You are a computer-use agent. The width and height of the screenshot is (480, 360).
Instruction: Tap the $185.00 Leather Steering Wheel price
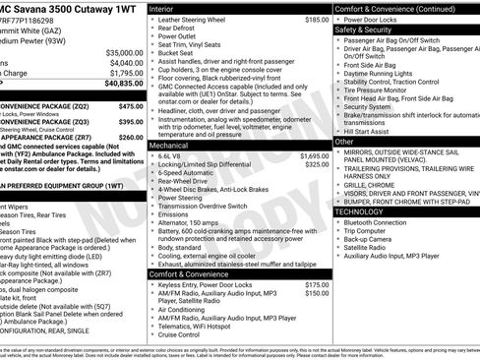(x=316, y=19)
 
